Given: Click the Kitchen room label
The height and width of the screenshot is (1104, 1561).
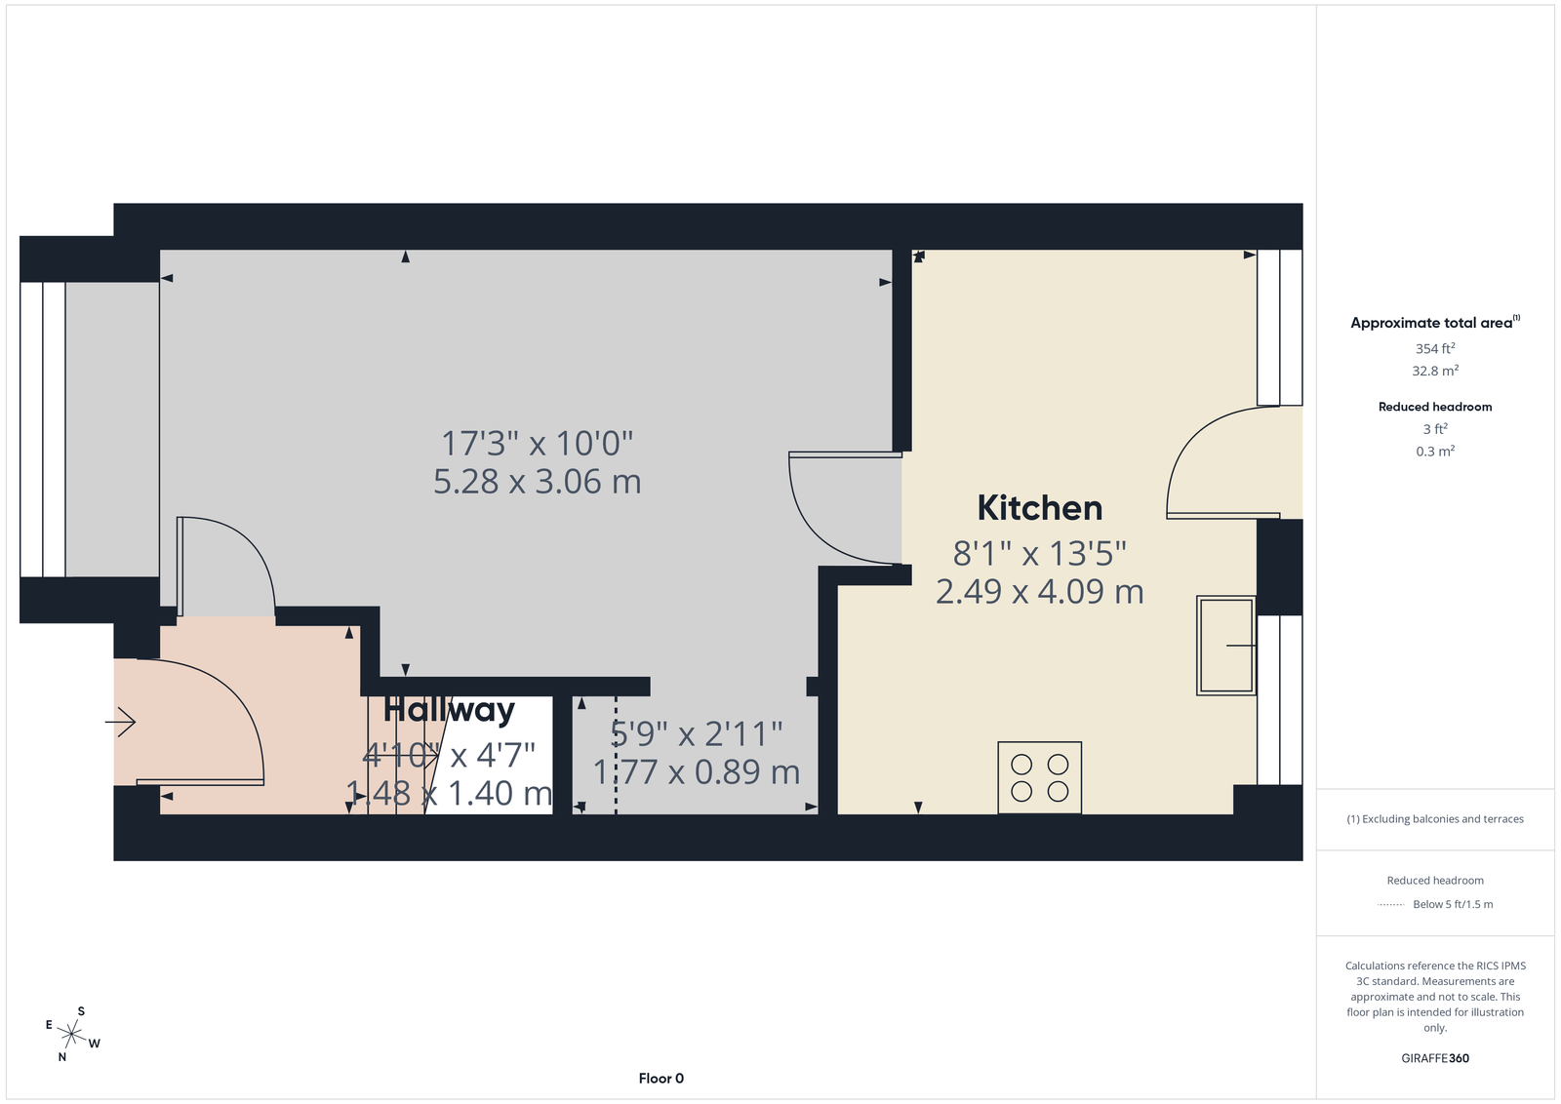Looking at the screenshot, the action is click(x=1040, y=508).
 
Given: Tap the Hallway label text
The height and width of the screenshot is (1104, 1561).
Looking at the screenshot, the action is click(x=449, y=710).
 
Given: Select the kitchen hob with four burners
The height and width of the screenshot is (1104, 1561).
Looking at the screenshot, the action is click(x=1040, y=777).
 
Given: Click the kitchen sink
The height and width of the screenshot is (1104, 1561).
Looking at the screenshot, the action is click(x=1225, y=645).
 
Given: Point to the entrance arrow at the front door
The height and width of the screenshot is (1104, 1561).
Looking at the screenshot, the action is click(x=121, y=722).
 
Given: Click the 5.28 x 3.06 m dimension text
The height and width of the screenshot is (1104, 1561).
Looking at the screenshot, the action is click(x=538, y=482).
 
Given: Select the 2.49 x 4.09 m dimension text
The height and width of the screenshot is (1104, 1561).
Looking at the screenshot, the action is click(x=1040, y=591).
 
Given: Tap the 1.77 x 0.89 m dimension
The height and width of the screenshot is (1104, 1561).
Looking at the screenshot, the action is click(x=697, y=771).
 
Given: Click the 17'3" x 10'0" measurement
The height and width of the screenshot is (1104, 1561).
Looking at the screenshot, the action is click(x=538, y=443).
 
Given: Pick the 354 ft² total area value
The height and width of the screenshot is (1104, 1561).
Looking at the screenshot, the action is click(x=1435, y=348).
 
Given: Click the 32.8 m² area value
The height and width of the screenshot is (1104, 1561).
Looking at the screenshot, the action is click(x=1435, y=371).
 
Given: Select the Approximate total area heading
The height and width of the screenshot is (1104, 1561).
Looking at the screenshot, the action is click(x=1435, y=322).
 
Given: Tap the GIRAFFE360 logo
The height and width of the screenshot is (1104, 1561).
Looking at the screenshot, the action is click(x=1435, y=1058).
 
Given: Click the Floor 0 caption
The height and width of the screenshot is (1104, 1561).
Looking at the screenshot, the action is click(x=661, y=1079).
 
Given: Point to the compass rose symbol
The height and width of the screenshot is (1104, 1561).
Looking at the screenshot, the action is click(x=72, y=1035).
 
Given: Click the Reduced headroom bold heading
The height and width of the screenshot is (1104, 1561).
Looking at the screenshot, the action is click(x=1435, y=407).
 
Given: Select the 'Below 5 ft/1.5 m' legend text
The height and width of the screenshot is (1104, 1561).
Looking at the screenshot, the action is click(x=1453, y=904).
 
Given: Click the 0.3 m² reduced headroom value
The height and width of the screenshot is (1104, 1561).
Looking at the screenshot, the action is click(x=1435, y=452).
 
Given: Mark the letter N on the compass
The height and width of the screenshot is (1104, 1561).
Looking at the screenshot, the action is click(x=62, y=1056).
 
